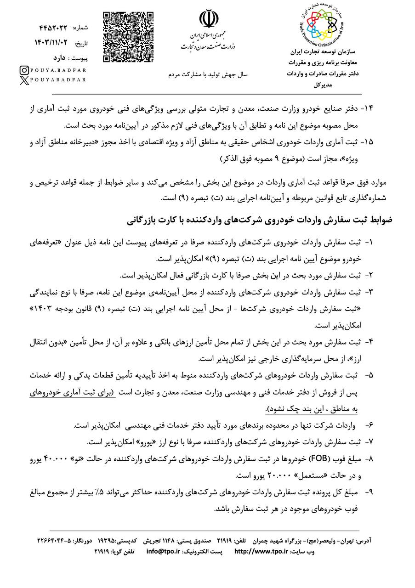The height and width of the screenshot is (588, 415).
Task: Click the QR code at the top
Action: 127,36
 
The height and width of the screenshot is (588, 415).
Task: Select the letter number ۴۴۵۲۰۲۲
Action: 54,28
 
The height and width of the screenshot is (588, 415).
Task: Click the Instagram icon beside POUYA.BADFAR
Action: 24,70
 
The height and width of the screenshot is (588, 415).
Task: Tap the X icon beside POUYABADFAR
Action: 24,80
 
